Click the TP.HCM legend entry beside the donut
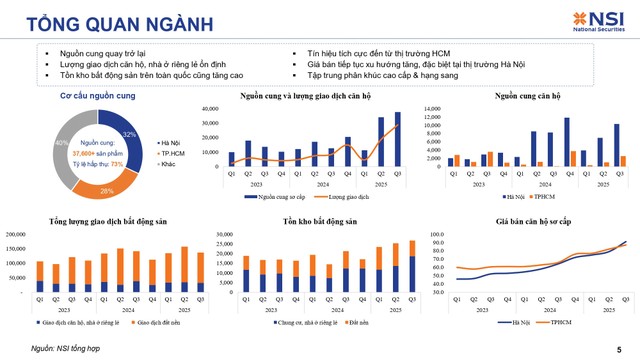click(169, 154)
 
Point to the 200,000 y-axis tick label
click(17, 235)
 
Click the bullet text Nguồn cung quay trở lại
click(100, 50)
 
